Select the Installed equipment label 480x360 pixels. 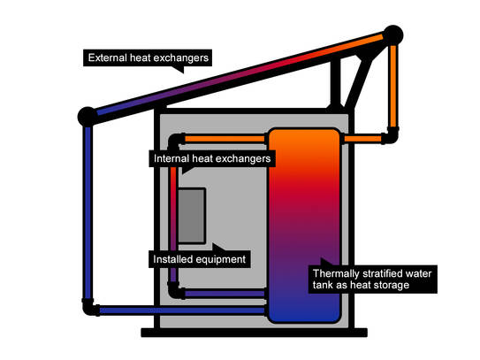(x=199, y=259)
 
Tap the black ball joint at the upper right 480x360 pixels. (x=393, y=35)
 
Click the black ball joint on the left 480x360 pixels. (x=88, y=115)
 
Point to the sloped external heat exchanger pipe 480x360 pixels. (x=239, y=74)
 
